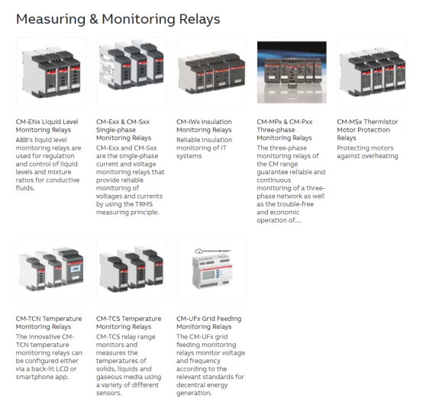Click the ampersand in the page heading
click(x=93, y=19)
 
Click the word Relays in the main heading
click(x=199, y=19)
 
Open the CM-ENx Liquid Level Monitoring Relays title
click(x=47, y=126)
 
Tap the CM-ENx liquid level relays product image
click(x=51, y=72)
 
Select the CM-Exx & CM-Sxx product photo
click(x=131, y=72)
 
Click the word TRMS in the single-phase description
click(x=144, y=204)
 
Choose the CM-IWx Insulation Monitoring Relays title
click(x=204, y=126)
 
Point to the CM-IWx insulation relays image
click(x=211, y=72)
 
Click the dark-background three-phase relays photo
click(x=292, y=72)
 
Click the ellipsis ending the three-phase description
click(x=299, y=220)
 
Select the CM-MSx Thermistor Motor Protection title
click(x=367, y=130)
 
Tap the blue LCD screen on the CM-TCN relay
click(x=76, y=269)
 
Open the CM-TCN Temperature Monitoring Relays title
click(x=49, y=323)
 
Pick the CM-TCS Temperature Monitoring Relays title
click(x=129, y=323)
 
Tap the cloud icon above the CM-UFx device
click(x=199, y=252)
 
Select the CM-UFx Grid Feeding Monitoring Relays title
click(x=209, y=323)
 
